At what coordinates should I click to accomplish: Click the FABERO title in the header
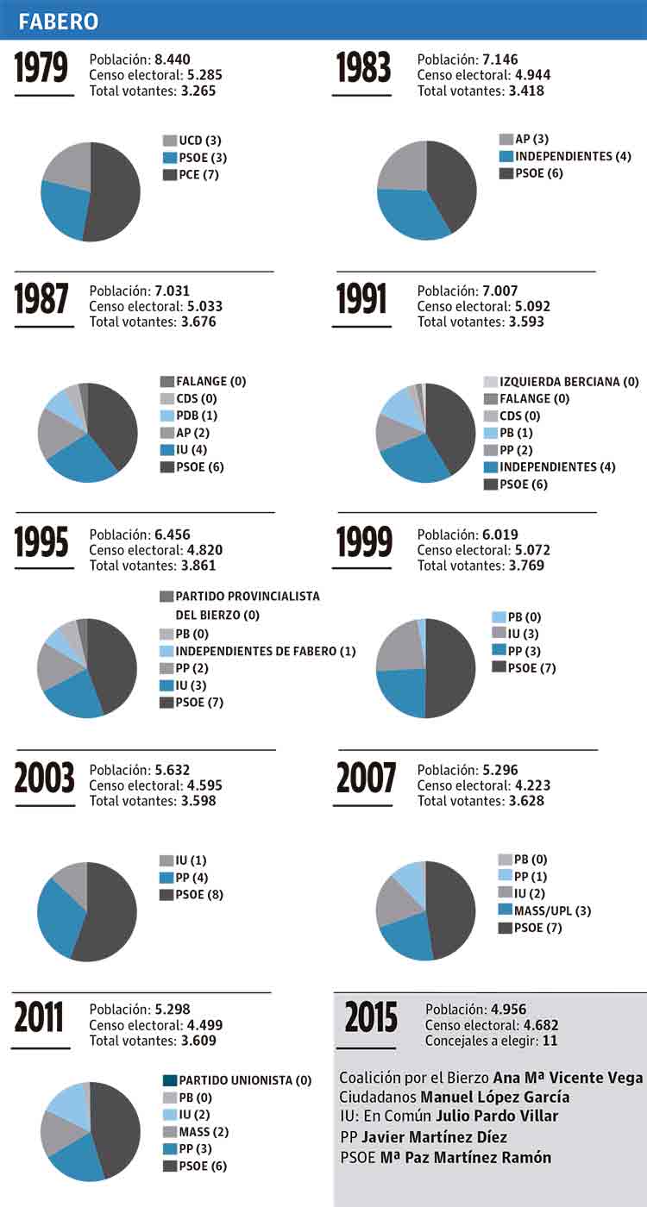click(x=59, y=21)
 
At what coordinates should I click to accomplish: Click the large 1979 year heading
click(x=41, y=70)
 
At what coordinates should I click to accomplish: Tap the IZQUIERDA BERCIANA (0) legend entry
click(x=561, y=382)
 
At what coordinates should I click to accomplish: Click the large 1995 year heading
click(x=41, y=542)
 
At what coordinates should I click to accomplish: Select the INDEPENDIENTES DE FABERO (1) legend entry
click(x=259, y=651)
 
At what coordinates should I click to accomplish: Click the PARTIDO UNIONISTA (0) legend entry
click(x=237, y=1080)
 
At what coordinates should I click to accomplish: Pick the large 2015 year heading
click(x=372, y=1018)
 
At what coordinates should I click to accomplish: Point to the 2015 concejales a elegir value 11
click(x=548, y=1041)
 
